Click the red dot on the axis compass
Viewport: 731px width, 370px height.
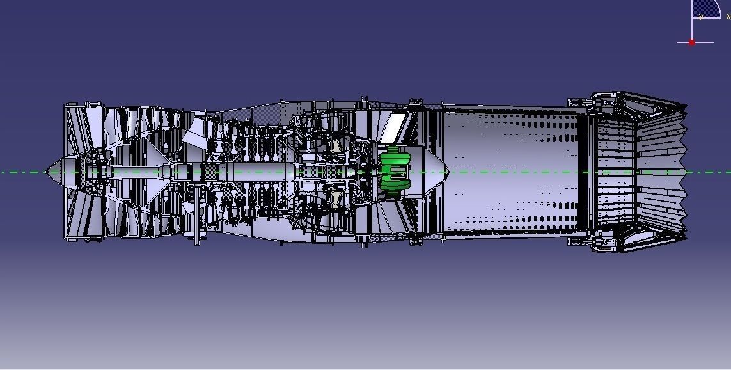tap(691, 42)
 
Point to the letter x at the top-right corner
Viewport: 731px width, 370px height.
tap(728, 16)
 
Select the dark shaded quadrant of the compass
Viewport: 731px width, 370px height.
tap(707, 9)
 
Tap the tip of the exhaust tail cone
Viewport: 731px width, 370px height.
tap(447, 172)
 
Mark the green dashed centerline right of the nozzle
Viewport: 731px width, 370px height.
tap(710, 172)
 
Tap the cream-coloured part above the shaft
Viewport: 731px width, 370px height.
tap(335, 147)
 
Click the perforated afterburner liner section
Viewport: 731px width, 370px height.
tap(512, 172)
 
